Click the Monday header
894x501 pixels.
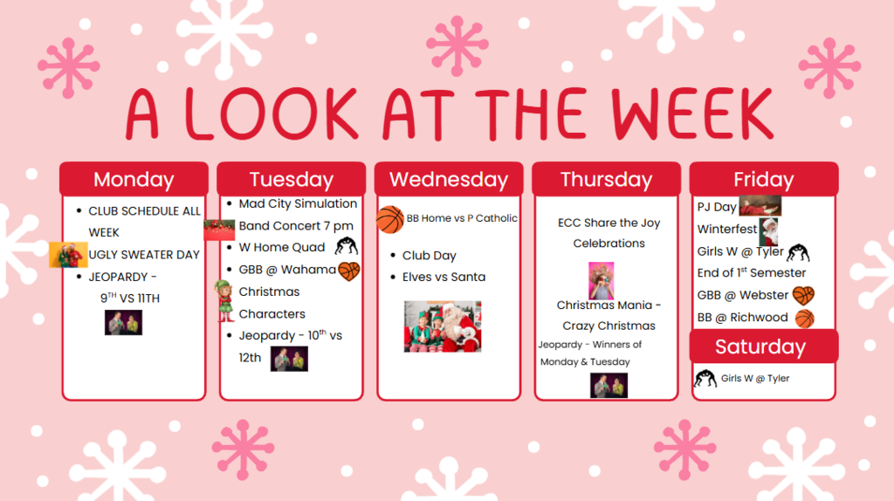click(x=134, y=179)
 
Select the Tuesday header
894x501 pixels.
click(x=291, y=179)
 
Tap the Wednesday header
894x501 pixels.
click(x=449, y=179)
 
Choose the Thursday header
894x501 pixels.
click(x=606, y=179)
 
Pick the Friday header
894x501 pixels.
click(x=763, y=179)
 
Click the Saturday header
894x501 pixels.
click(x=760, y=347)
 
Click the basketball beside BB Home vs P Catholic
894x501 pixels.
click(x=390, y=219)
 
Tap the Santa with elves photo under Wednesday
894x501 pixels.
click(x=442, y=326)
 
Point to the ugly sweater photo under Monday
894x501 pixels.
click(x=68, y=255)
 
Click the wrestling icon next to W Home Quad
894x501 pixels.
click(x=347, y=247)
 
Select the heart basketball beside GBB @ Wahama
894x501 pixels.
click(x=349, y=271)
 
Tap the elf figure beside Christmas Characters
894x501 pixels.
click(x=225, y=301)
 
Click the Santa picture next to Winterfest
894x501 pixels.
click(x=768, y=231)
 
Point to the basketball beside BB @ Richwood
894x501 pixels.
click(x=805, y=319)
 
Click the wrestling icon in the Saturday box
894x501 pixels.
click(x=705, y=380)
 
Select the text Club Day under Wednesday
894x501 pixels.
click(x=429, y=256)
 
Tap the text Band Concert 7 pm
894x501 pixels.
click(x=296, y=226)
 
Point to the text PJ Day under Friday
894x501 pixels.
click(x=716, y=207)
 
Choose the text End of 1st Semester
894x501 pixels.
click(x=751, y=273)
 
